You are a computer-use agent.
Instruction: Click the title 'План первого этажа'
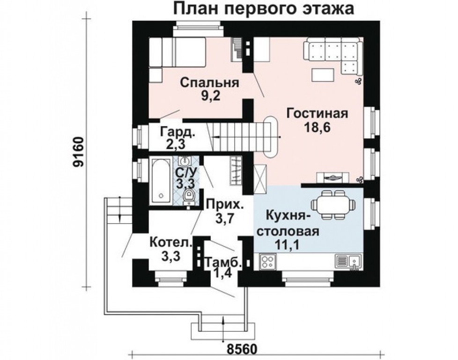tap(264, 9)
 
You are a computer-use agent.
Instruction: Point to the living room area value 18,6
tap(317, 127)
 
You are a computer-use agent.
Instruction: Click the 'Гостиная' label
tap(317, 114)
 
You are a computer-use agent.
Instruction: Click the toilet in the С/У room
tap(189, 197)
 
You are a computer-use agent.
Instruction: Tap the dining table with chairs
tap(334, 205)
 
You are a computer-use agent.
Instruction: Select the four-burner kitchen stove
tap(268, 262)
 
